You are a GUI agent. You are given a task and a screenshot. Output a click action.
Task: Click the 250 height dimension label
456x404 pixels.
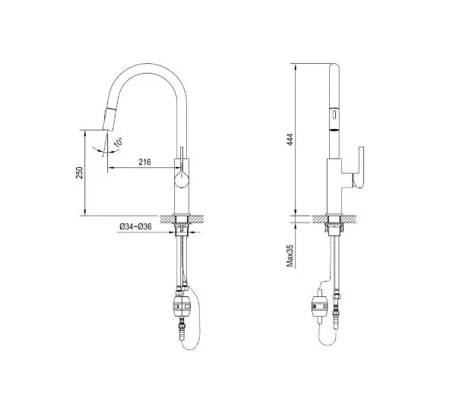(79, 172)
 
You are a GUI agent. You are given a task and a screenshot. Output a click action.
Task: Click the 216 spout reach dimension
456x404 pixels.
(144, 162)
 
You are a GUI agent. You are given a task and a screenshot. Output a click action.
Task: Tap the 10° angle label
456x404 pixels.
(118, 142)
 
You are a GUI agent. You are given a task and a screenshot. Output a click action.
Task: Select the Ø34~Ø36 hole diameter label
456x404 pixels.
(135, 226)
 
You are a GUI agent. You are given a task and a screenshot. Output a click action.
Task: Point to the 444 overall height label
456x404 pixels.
(290, 140)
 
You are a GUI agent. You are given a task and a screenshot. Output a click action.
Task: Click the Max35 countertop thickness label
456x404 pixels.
(290, 255)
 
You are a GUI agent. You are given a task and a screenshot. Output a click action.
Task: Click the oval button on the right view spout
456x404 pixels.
(334, 114)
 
